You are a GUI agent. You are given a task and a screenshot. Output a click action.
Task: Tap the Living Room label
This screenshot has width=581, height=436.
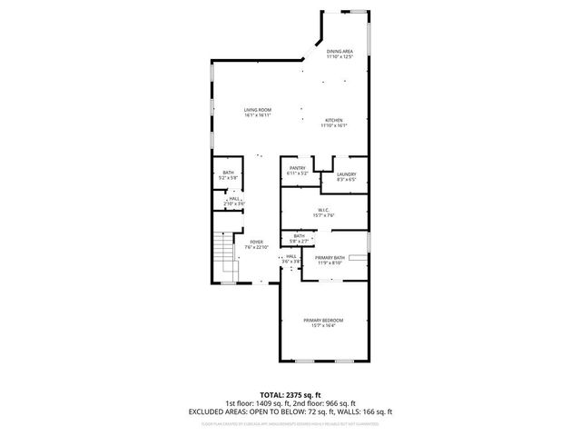pos(259,109)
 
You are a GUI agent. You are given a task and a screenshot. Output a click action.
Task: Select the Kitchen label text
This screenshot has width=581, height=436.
pos(334,121)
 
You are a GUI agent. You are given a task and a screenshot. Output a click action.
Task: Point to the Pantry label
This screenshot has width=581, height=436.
pos(297,168)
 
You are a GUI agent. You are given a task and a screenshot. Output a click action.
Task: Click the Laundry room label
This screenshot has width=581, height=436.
pos(346,174)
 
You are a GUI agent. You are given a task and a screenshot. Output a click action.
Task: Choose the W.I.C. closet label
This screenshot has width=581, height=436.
pos(324,210)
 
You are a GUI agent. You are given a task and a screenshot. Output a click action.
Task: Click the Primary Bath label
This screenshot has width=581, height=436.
pos(329,258)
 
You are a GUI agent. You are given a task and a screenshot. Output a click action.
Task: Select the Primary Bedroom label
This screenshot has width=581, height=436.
pos(323,320)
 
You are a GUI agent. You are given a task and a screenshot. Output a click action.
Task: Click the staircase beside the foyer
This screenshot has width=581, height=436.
pos(225,256)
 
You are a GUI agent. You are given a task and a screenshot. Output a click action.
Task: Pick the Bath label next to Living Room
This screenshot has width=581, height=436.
pos(228,173)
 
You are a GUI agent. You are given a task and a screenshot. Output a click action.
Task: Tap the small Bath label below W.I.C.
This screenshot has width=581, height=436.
pos(299,235)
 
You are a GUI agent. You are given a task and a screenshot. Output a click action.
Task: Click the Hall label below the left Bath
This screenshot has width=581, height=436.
pos(234,199)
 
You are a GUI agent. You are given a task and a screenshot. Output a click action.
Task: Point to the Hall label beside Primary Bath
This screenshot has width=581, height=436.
pos(291,256)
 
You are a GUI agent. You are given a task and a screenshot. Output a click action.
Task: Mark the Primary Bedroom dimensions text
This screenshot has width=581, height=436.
pos(323,325)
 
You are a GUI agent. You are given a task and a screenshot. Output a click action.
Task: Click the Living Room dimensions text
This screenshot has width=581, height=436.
pos(259,114)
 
